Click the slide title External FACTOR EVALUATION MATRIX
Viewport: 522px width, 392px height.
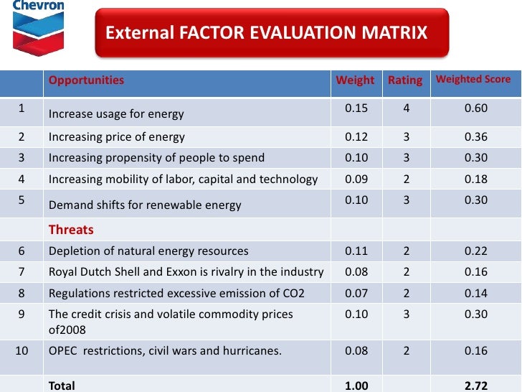coord(266,33)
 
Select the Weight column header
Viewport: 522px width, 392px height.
coord(355,80)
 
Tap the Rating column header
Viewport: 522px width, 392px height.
coord(405,80)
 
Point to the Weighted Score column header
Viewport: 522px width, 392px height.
coord(473,79)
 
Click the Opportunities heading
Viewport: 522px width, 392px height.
coord(86,80)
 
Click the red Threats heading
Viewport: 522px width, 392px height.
coord(71,230)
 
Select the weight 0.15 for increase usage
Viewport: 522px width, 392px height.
coord(356,108)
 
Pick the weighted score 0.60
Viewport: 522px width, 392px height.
coord(475,108)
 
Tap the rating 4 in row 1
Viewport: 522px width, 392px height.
coord(406,108)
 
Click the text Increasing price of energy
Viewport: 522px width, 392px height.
coord(116,136)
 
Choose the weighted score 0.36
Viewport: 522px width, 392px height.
coord(475,136)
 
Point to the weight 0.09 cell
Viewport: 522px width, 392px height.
coord(356,179)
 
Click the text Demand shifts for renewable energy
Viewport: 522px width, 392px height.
coord(145,205)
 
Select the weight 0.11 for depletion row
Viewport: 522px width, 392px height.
coord(356,251)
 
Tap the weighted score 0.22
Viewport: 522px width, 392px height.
coord(475,251)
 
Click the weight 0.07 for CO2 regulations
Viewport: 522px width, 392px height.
coord(356,293)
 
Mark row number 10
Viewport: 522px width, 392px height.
coord(22,350)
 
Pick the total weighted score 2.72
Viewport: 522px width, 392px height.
coord(475,386)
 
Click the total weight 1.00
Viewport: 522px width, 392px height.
coord(356,386)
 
